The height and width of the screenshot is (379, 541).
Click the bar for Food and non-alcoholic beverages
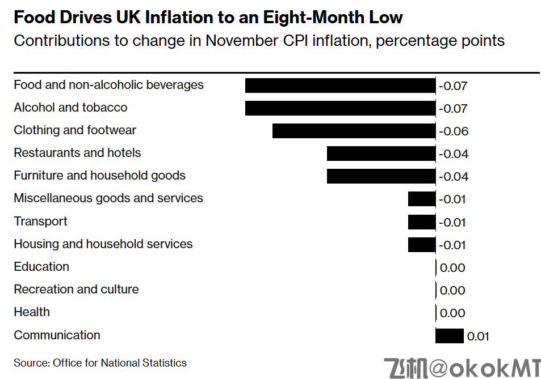[x=340, y=86]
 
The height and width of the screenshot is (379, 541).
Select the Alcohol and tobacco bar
[x=340, y=108]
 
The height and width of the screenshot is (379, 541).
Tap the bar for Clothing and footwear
[x=354, y=131]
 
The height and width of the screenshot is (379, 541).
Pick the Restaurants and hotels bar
[x=381, y=154]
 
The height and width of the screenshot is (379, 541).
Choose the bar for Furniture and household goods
[x=381, y=176]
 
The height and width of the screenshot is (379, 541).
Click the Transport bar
[x=421, y=222]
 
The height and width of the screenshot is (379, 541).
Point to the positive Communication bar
[x=449, y=336]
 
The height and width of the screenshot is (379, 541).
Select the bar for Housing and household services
[x=421, y=245]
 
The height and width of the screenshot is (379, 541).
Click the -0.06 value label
[x=454, y=131]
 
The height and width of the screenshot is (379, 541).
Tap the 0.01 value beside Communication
[x=477, y=337]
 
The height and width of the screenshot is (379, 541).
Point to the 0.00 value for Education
[x=452, y=268]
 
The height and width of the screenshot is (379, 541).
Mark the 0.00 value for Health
[x=452, y=313]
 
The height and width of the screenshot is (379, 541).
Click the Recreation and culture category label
[x=76, y=289]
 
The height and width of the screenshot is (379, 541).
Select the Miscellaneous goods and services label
[x=108, y=198]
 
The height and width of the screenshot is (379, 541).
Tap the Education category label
[x=41, y=267]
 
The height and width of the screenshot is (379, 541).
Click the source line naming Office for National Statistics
[x=100, y=363]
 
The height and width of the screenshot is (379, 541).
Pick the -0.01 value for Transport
[x=452, y=223]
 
